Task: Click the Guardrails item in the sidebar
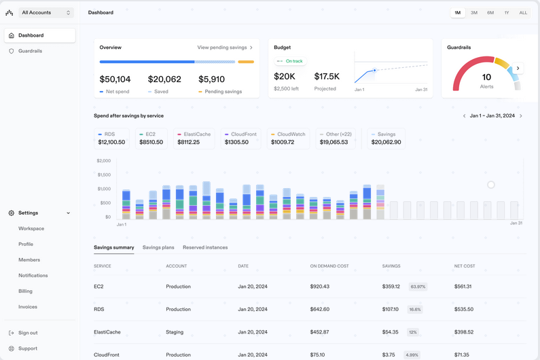pyautogui.click(x=30, y=51)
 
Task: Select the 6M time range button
pyautogui.click(x=490, y=13)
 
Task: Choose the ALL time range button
pyautogui.click(x=523, y=13)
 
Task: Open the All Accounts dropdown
pyautogui.click(x=46, y=13)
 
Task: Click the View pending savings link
pyautogui.click(x=225, y=48)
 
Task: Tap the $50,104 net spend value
pyautogui.click(x=115, y=79)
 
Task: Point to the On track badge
pyautogui.click(x=291, y=61)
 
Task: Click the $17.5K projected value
pyautogui.click(x=327, y=77)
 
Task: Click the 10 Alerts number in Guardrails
pyautogui.click(x=486, y=77)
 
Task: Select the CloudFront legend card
pyautogui.click(x=240, y=139)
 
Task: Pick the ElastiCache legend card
pyautogui.click(x=194, y=139)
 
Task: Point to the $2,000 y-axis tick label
pyautogui.click(x=103, y=161)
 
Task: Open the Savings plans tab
pyautogui.click(x=158, y=248)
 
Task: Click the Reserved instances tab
pyautogui.click(x=205, y=248)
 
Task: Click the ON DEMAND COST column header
pyautogui.click(x=329, y=266)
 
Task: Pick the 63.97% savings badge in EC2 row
pyautogui.click(x=418, y=287)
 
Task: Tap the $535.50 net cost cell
pyautogui.click(x=464, y=309)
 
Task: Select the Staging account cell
pyautogui.click(x=175, y=332)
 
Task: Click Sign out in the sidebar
pyautogui.click(x=28, y=333)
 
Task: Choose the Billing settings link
pyautogui.click(x=25, y=291)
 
